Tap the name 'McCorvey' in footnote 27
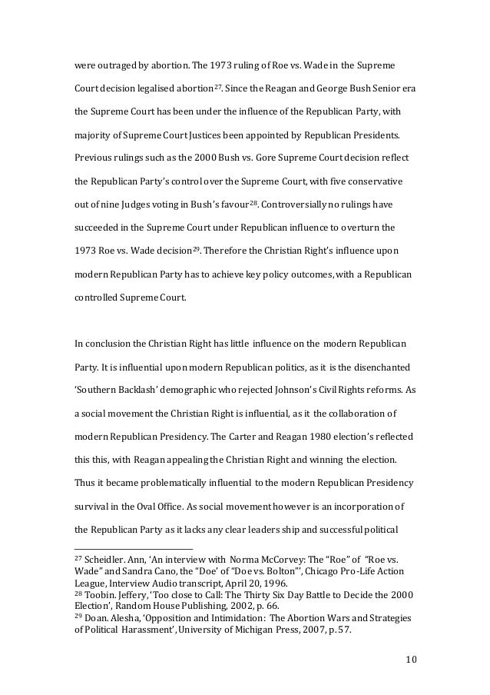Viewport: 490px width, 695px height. tap(264, 560)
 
